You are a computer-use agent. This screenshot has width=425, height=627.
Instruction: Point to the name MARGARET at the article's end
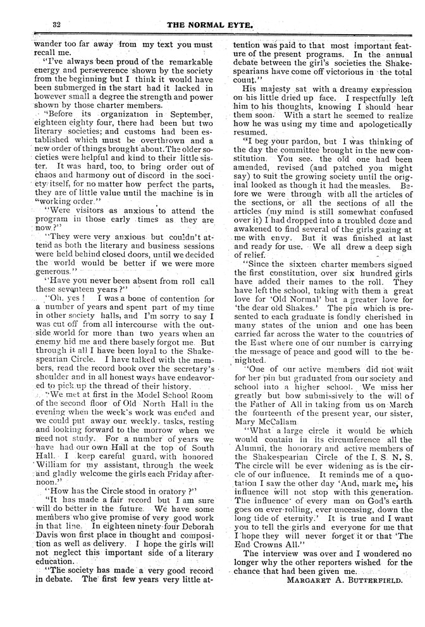pos(310,579)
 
